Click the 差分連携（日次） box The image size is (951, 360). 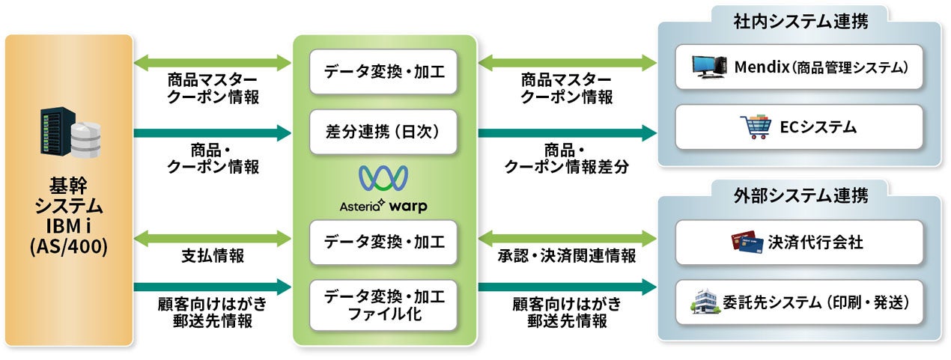pyautogui.click(x=383, y=132)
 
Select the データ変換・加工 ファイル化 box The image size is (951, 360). pyautogui.click(x=383, y=305)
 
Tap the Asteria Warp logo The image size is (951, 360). pyautogui.click(x=383, y=187)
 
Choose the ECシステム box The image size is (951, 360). pyautogui.click(x=798, y=127)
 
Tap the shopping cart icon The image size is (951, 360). pyautogui.click(x=753, y=127)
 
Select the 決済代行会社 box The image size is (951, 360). pyautogui.click(x=798, y=242)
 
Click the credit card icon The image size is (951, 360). pyautogui.click(x=748, y=242)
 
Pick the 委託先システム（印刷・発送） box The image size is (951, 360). pyautogui.click(x=798, y=302)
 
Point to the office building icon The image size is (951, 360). pyautogui.click(x=707, y=302)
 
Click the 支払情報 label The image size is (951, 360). pyautogui.click(x=212, y=257)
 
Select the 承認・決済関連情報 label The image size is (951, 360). pyautogui.click(x=567, y=257)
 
